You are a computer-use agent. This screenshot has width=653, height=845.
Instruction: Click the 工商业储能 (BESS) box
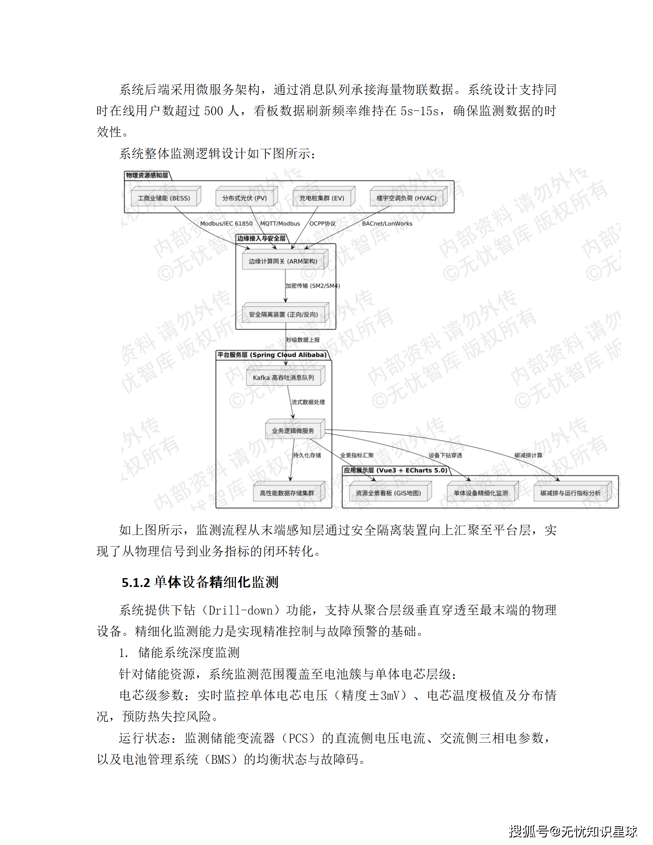164,198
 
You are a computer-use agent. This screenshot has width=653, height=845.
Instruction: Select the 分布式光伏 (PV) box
244,198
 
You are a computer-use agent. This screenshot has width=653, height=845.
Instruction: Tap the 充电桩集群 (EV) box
322,198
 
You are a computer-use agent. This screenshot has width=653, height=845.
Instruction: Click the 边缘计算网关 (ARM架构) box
283,261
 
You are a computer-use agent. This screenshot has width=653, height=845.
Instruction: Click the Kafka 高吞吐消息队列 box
283,378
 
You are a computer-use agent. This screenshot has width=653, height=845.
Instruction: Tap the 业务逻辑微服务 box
293,431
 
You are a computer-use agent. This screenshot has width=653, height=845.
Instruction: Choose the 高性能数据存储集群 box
287,493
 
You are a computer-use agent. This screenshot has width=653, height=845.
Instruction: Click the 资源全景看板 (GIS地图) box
388,493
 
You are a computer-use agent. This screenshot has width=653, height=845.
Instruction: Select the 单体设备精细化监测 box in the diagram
481,493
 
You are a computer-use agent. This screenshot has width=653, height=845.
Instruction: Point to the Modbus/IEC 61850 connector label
226,224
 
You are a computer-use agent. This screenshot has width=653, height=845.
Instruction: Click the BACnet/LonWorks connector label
387,224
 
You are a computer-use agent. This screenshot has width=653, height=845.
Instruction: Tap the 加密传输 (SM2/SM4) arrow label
312,286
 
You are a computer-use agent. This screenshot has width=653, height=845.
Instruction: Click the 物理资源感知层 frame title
147,175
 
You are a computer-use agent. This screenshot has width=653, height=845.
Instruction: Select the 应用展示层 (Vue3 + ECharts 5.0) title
395,471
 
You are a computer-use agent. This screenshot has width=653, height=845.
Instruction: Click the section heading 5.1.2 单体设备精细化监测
200,583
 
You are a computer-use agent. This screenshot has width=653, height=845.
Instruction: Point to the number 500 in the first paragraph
214,111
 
